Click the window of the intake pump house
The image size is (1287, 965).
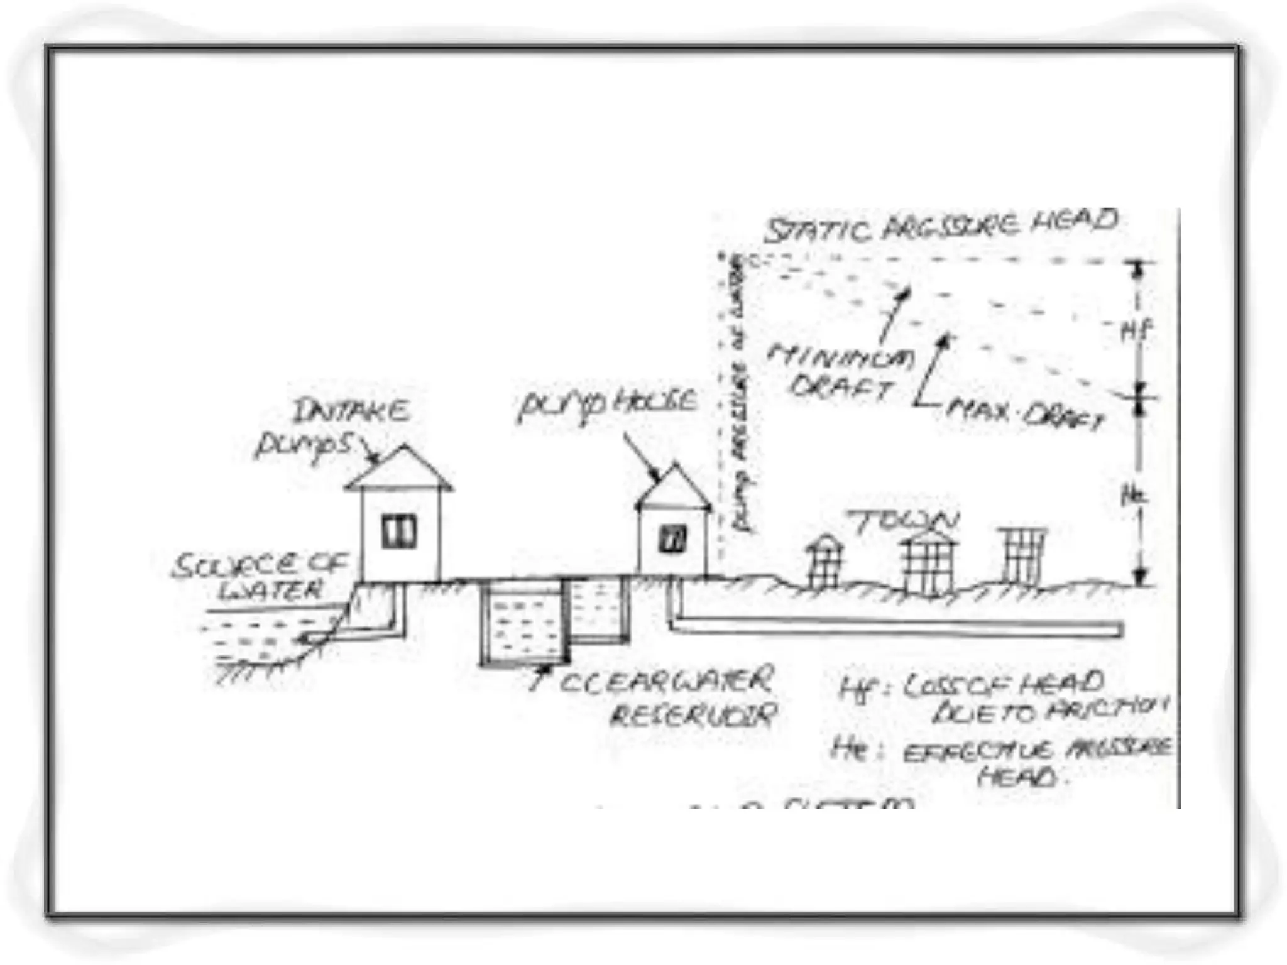(399, 532)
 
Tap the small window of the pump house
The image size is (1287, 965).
(672, 539)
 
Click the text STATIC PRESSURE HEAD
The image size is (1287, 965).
(941, 227)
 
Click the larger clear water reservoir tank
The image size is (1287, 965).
(523, 622)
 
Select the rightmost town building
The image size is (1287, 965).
(1023, 556)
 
